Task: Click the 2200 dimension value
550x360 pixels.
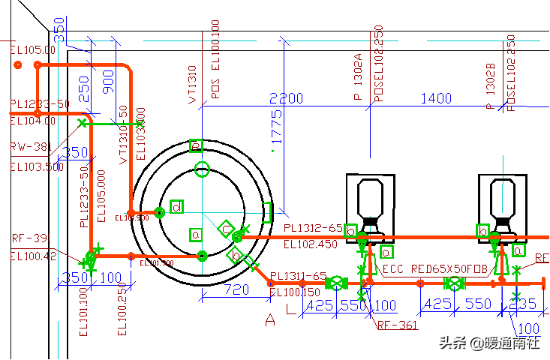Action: (x=286, y=98)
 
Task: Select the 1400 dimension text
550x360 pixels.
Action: (x=436, y=98)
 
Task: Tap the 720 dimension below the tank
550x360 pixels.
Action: (x=237, y=289)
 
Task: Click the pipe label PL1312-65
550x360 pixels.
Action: (x=313, y=228)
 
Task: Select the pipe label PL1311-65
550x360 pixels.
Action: (x=299, y=277)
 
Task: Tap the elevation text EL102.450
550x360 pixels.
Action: (x=311, y=244)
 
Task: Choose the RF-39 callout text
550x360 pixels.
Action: (x=29, y=238)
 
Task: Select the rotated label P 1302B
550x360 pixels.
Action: (x=491, y=86)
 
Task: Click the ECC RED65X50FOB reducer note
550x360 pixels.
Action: (x=435, y=268)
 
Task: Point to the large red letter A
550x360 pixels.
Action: (x=270, y=321)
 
